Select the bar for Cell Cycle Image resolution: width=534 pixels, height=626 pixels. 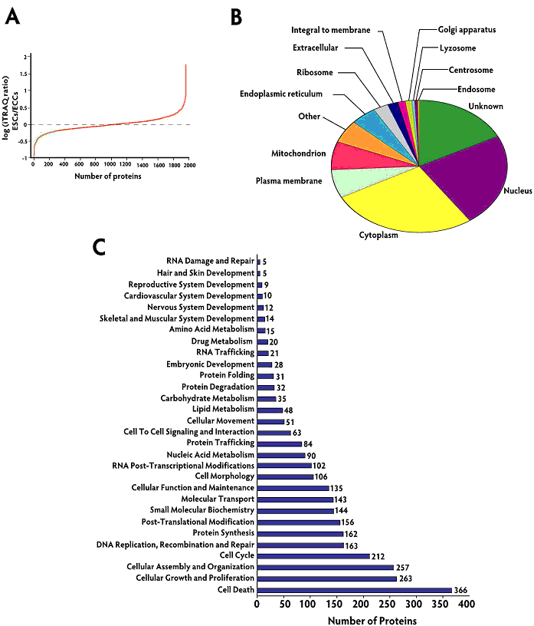[313, 555]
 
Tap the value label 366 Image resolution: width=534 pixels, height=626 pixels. [460, 590]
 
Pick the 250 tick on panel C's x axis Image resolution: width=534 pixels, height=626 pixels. [389, 605]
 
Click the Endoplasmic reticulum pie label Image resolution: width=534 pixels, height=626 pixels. [291, 94]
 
